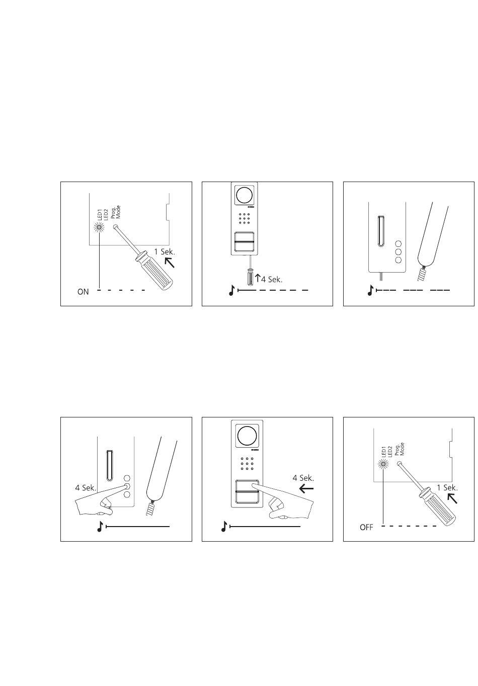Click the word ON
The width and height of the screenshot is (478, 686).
(x=83, y=292)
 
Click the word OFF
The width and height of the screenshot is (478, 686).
(x=366, y=528)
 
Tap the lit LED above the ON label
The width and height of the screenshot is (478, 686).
(x=99, y=227)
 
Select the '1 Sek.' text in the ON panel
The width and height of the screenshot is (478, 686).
(x=164, y=252)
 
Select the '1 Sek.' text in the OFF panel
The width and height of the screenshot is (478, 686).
(x=447, y=488)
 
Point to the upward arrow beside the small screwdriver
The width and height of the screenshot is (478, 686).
(x=258, y=278)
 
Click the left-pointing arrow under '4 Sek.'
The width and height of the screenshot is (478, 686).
(x=306, y=489)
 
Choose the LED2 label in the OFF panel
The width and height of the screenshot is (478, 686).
(x=390, y=452)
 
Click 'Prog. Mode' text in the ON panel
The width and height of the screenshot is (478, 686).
(x=116, y=212)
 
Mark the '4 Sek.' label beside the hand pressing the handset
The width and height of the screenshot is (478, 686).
(x=86, y=488)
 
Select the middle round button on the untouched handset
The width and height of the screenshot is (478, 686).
(x=398, y=252)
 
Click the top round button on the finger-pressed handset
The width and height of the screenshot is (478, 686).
(x=127, y=478)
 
